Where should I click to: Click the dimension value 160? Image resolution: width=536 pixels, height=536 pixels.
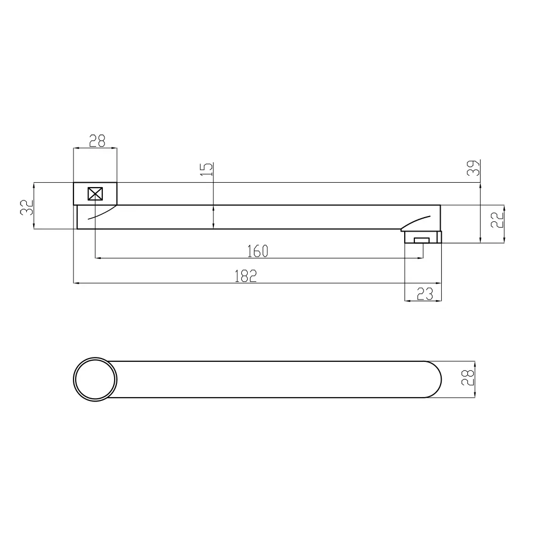click(x=257, y=251)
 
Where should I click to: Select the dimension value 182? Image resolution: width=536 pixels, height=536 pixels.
click(x=245, y=276)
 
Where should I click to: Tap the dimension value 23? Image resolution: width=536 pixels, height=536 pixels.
click(x=425, y=294)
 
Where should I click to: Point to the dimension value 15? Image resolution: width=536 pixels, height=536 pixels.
click(x=206, y=169)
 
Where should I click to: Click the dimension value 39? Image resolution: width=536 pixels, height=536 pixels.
click(x=473, y=168)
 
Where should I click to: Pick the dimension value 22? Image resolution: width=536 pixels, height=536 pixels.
click(x=497, y=219)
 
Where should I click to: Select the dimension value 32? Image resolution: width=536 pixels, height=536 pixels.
click(x=27, y=207)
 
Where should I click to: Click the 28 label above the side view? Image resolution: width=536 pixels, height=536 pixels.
click(x=97, y=141)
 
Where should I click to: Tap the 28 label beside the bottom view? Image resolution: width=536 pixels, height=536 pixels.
click(x=468, y=378)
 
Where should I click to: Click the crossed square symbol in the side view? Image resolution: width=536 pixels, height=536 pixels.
click(x=95, y=194)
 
